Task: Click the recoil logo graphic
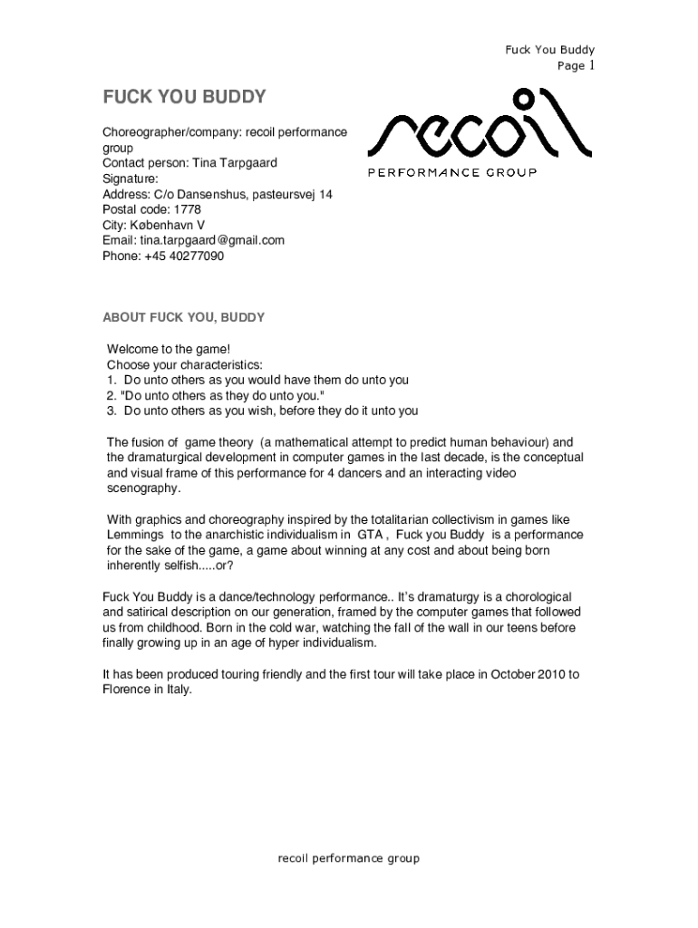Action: [x=485, y=127]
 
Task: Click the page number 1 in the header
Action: [x=590, y=65]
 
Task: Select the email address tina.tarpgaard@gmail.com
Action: [x=212, y=240]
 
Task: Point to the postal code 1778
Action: [x=184, y=209]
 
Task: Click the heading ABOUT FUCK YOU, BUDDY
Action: [x=183, y=317]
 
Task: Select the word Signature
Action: [x=130, y=179]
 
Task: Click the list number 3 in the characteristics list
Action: [x=111, y=411]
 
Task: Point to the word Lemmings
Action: [x=135, y=535]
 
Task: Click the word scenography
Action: [x=142, y=488]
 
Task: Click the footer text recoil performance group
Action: [x=348, y=858]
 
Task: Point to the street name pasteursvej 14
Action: [x=292, y=194]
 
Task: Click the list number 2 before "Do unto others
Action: [x=111, y=395]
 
